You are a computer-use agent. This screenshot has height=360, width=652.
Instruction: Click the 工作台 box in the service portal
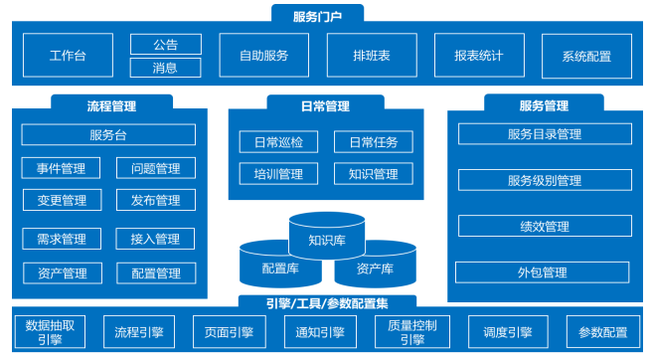click(x=68, y=56)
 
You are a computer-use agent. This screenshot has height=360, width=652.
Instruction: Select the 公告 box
click(x=165, y=45)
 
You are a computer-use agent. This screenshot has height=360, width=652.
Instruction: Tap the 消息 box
click(x=165, y=68)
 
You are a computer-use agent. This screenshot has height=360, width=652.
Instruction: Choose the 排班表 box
click(x=374, y=56)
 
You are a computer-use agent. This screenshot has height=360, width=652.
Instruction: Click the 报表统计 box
click(x=478, y=56)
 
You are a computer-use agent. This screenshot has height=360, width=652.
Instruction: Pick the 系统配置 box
click(x=586, y=56)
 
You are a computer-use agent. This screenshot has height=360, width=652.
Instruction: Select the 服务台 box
click(x=108, y=135)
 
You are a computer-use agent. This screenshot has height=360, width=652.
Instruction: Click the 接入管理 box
click(x=155, y=239)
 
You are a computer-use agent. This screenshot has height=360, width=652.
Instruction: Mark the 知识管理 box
click(x=373, y=174)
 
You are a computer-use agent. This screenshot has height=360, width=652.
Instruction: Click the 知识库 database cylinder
click(x=327, y=239)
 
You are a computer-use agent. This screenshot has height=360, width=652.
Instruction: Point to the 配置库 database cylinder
click(x=280, y=269)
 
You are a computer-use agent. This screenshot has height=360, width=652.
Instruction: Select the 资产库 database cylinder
click(x=375, y=269)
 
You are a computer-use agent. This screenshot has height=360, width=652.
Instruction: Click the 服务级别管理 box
click(x=544, y=180)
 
